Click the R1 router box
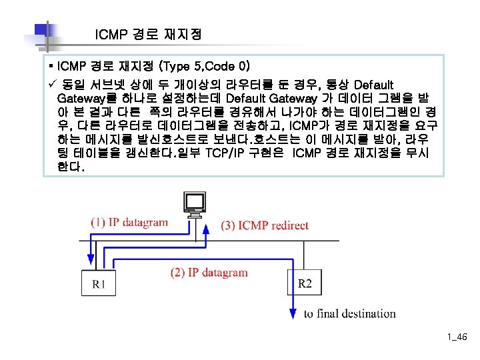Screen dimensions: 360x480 pos(98,284)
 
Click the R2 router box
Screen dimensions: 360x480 pos(305,283)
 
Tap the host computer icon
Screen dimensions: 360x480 pos(195,204)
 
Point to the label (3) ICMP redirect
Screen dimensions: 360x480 pos(265,225)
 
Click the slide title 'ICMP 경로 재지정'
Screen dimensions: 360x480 pos(148,34)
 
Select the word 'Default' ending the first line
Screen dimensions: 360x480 pos(373,85)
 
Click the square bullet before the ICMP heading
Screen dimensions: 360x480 pos(51,67)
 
